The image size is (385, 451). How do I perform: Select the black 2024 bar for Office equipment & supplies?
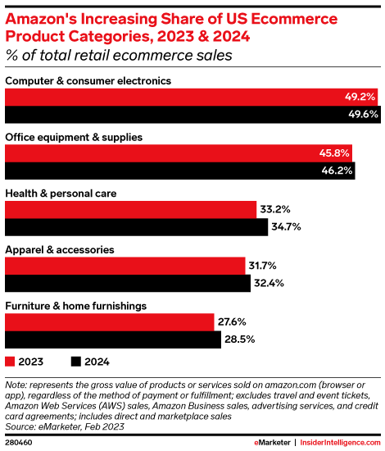click(x=180, y=170)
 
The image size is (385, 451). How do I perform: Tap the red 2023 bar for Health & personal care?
click(x=131, y=209)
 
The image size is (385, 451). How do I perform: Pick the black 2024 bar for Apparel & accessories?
click(x=128, y=283)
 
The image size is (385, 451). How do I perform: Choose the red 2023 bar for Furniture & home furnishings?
click(x=111, y=321)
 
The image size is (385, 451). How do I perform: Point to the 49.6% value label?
click(x=361, y=114)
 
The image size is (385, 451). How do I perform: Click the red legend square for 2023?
click(x=10, y=361)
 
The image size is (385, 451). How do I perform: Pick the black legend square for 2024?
click(x=75, y=361)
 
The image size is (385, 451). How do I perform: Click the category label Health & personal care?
click(x=61, y=194)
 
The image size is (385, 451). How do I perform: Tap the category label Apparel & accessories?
click(x=59, y=248)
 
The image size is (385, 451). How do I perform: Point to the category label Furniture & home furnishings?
click(x=75, y=305)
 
